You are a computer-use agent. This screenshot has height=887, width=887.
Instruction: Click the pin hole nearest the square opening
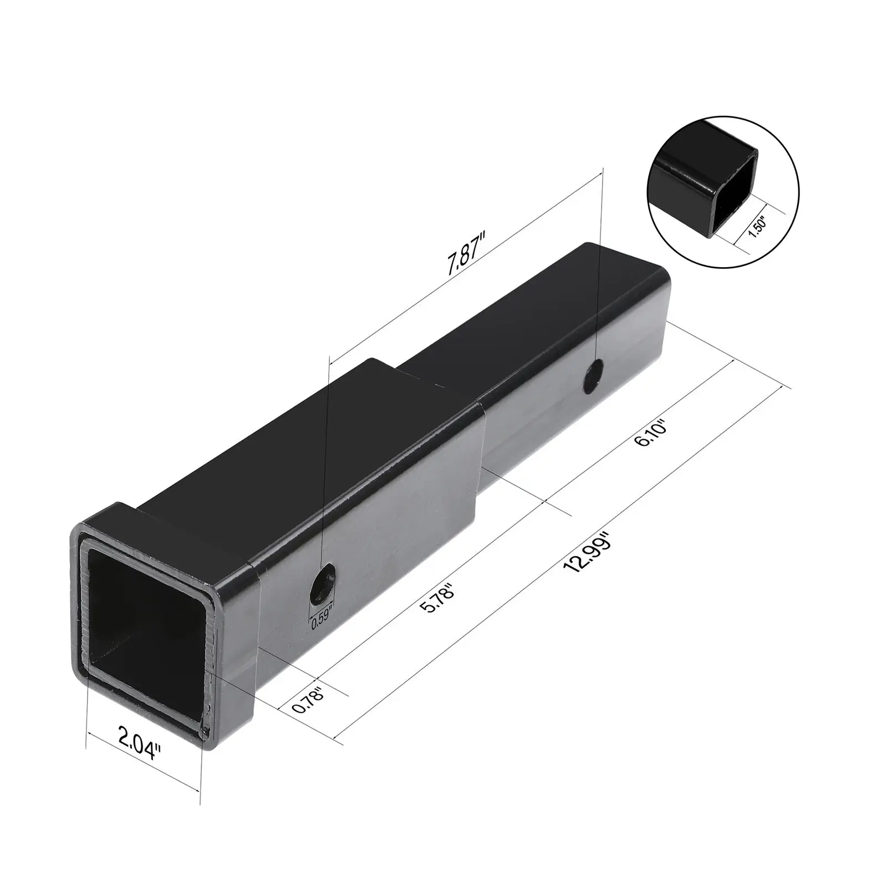tap(323, 584)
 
